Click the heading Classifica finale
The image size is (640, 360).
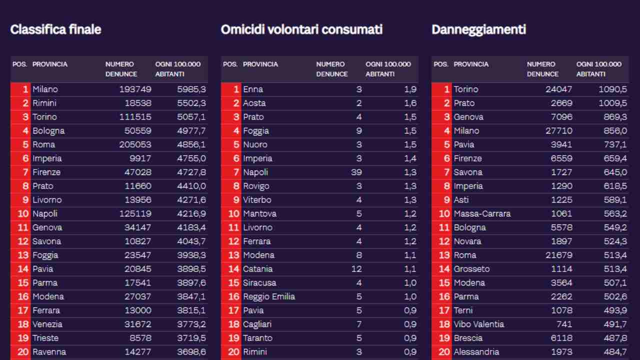55,29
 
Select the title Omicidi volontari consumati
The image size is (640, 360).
301,29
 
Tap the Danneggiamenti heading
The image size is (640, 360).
478,29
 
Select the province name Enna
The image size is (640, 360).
253,89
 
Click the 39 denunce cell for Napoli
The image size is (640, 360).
356,172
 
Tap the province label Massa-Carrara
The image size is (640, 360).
482,213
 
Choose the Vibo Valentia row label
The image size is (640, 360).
478,324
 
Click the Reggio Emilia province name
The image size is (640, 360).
269,296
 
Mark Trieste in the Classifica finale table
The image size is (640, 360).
45,338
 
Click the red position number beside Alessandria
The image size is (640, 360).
444,351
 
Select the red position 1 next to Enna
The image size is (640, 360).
236,89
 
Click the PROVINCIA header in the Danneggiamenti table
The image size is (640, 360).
470,64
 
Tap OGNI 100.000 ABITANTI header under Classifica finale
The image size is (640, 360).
177,69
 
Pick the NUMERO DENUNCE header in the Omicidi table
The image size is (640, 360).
331,69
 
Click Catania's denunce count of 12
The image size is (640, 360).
356,269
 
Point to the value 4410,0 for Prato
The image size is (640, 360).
191,186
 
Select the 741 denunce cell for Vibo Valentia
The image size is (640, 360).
563,324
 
